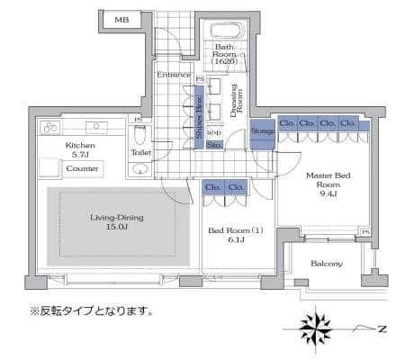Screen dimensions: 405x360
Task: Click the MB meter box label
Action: [x=121, y=20]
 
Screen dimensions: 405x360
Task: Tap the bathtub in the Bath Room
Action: [x=228, y=31]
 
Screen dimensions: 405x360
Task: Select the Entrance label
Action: [x=174, y=75]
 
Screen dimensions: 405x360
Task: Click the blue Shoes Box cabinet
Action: [x=199, y=117]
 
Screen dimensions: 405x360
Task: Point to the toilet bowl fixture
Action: [x=139, y=135]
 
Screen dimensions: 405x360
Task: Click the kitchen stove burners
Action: [x=50, y=128]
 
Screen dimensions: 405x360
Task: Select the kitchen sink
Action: [x=96, y=127]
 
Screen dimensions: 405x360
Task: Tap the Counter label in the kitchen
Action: [x=82, y=168]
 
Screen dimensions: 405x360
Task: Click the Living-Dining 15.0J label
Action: [x=117, y=222]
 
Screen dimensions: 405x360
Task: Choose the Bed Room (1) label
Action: [x=236, y=235]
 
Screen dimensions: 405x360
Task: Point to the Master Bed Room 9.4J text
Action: [x=328, y=184]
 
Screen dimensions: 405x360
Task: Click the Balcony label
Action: [x=327, y=264]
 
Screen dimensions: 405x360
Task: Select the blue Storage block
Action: [x=263, y=134]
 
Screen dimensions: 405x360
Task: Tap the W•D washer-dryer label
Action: [x=214, y=132]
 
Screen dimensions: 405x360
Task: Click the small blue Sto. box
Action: [x=215, y=145]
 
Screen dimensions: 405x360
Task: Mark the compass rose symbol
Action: [x=316, y=328]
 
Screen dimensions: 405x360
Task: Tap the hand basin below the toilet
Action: [x=140, y=169]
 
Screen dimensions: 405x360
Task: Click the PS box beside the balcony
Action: [x=365, y=232]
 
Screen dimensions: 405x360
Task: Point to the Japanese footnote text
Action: [x=91, y=310]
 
